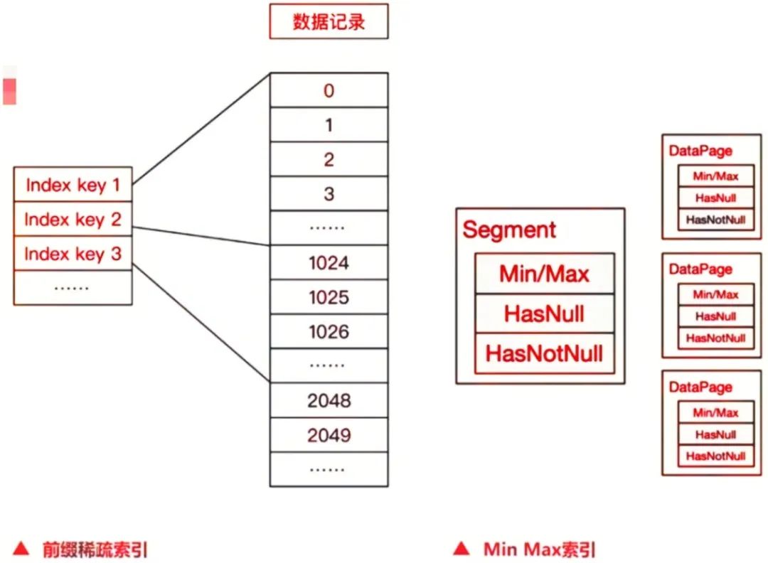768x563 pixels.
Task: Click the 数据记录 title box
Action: pyautogui.click(x=329, y=21)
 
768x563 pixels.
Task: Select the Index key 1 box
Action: pyautogui.click(x=73, y=186)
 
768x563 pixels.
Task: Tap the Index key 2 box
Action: pyautogui.click(x=73, y=220)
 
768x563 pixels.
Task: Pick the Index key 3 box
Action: pyautogui.click(x=73, y=254)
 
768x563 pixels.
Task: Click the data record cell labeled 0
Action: pyautogui.click(x=329, y=90)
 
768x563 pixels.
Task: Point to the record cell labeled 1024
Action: pyautogui.click(x=329, y=263)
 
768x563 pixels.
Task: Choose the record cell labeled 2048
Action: pyautogui.click(x=329, y=400)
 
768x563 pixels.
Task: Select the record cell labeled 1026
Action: pyautogui.click(x=329, y=332)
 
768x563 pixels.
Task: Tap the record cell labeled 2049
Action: pyautogui.click(x=329, y=434)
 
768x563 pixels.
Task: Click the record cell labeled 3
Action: pyautogui.click(x=329, y=193)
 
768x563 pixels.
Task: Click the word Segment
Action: pyautogui.click(x=509, y=230)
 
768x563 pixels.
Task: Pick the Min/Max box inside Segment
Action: pyautogui.click(x=544, y=274)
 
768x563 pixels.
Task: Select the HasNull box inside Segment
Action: pyautogui.click(x=544, y=313)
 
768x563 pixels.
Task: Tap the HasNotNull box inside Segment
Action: pyautogui.click(x=544, y=353)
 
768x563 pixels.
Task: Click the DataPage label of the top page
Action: pyautogui.click(x=700, y=151)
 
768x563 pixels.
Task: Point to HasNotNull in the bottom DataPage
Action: pyautogui.click(x=715, y=456)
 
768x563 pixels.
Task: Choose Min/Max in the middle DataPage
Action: pyautogui.click(x=715, y=294)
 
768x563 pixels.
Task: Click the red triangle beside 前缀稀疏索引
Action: pyautogui.click(x=21, y=549)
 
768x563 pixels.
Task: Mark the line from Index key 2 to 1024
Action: pyautogui.click(x=201, y=237)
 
